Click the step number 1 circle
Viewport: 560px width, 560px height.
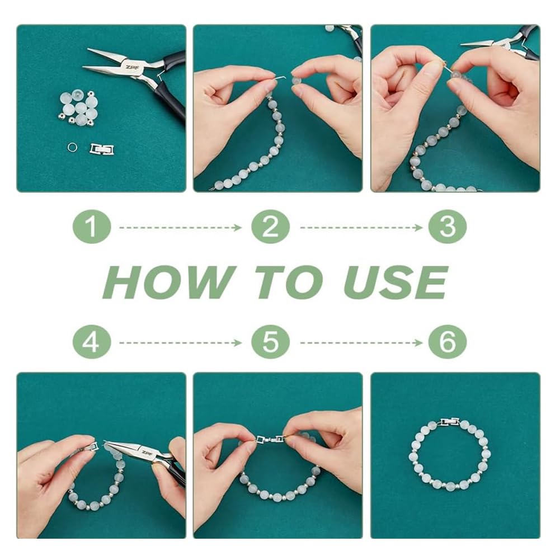(x=92, y=227)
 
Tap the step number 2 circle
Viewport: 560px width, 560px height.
(x=270, y=227)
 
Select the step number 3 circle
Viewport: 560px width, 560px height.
(x=448, y=227)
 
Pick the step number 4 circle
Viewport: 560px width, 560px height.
(x=92, y=342)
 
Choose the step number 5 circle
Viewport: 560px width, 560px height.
(x=270, y=342)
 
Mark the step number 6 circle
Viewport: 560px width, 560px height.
(x=448, y=342)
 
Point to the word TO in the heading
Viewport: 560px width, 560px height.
(x=290, y=282)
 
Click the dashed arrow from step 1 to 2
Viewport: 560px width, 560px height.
(x=180, y=228)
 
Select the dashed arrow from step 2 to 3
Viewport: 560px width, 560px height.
(x=361, y=228)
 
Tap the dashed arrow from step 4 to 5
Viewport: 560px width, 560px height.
(x=180, y=343)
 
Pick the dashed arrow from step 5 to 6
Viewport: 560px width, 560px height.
(x=361, y=343)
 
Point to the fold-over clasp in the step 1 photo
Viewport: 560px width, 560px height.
(x=102, y=149)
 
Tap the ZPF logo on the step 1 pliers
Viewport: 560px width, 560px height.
(x=129, y=67)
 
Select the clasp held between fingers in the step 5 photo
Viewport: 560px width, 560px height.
(x=270, y=439)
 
